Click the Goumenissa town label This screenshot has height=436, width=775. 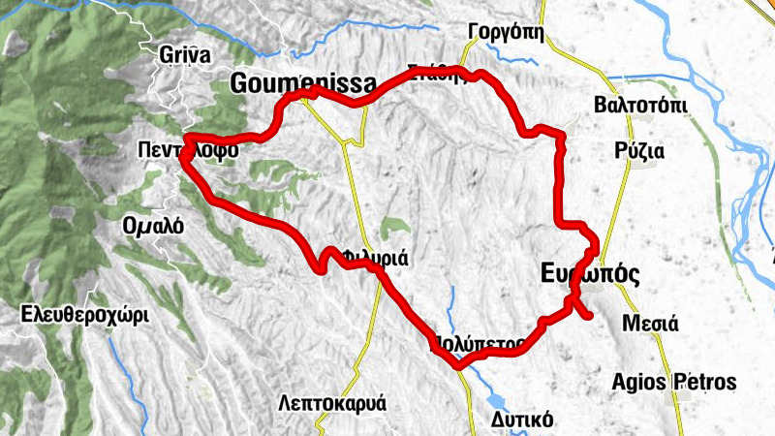290,84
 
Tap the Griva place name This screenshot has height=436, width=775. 182,55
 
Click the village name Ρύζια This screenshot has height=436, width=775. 638,151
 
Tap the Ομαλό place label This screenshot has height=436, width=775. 153,225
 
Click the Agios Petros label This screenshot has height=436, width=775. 674,381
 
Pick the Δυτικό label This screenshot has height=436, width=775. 521,419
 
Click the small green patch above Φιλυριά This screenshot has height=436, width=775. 393,229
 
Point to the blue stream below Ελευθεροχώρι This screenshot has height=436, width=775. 120,363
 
